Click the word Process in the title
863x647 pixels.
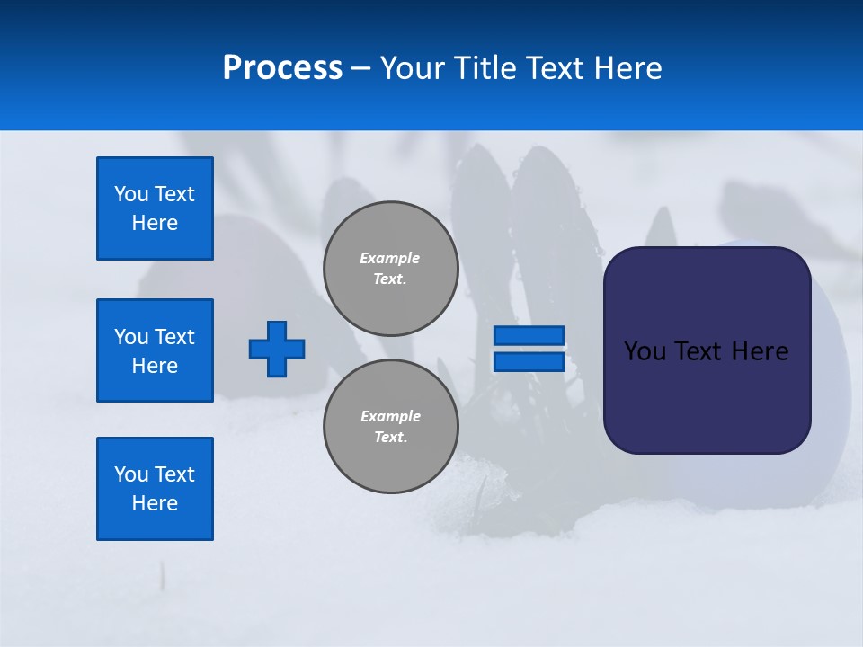[282, 68]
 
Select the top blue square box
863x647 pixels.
[155, 208]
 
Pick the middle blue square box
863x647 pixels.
[155, 350]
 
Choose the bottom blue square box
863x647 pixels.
[155, 489]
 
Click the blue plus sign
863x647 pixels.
[277, 349]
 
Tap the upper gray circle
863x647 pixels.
[391, 268]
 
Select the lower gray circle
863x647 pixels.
[391, 426]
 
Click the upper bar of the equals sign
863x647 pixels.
[529, 335]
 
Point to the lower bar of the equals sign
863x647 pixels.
[529, 361]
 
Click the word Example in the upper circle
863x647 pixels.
[389, 258]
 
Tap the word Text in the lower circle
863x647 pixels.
[389, 437]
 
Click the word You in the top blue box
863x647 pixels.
[131, 194]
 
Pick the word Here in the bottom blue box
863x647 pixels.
[155, 503]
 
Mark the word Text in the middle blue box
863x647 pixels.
[174, 337]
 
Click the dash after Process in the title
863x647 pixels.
[361, 68]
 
